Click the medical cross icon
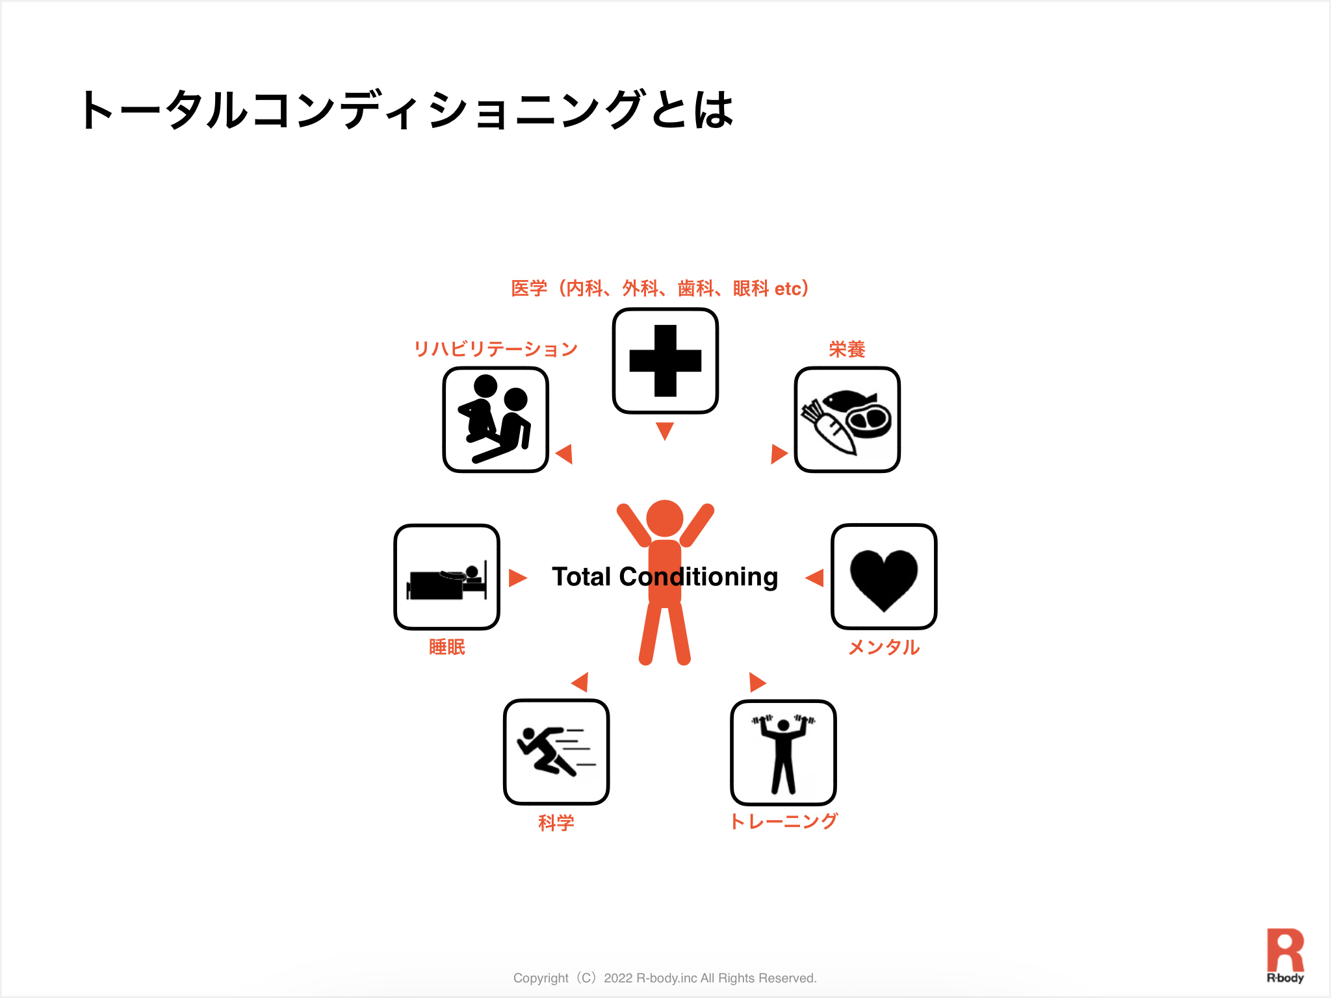pyautogui.click(x=665, y=361)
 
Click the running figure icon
pyautogui.click(x=556, y=751)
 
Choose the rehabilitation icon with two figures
pyautogui.click(x=495, y=419)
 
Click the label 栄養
pyautogui.click(x=847, y=350)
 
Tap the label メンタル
pyautogui.click(x=884, y=647)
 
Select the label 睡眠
pyautogui.click(x=447, y=647)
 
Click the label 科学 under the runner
pyautogui.click(x=556, y=823)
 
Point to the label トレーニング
pyautogui.click(x=784, y=821)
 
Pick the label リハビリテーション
pyautogui.click(x=495, y=350)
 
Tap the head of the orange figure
pyautogui.click(x=665, y=518)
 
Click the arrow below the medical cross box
pyautogui.click(x=665, y=430)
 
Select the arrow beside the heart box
pyautogui.click(x=815, y=578)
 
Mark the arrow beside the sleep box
pyautogui.click(x=517, y=578)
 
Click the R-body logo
pyautogui.click(x=1285, y=955)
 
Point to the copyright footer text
pyautogui.click(x=665, y=978)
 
